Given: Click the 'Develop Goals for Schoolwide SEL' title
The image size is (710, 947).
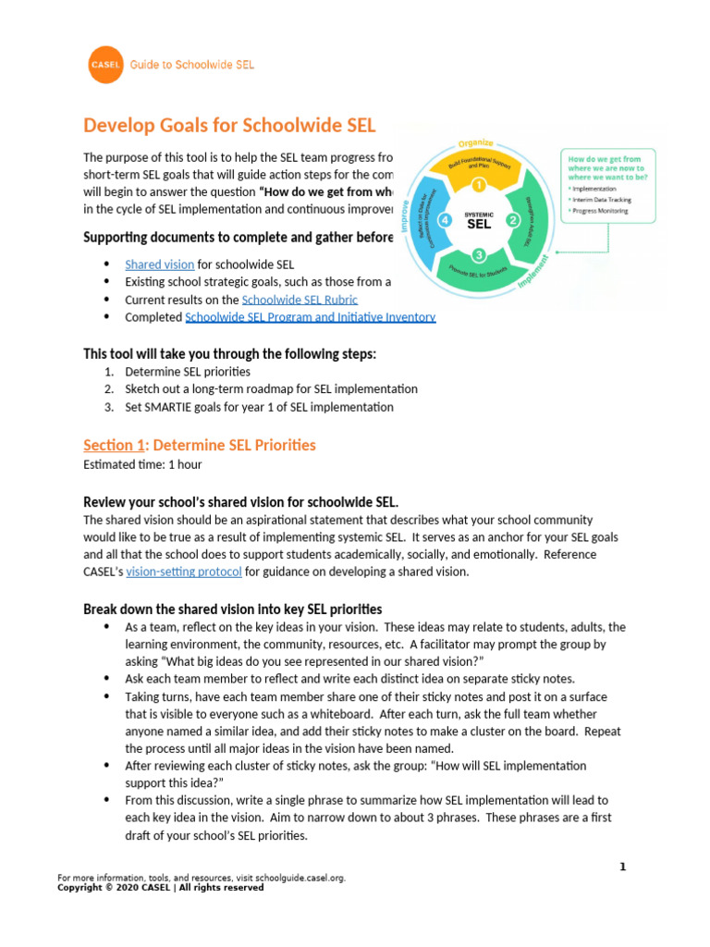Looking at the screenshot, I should coord(230,125).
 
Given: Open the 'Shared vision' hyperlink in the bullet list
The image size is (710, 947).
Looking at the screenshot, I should coord(159,264).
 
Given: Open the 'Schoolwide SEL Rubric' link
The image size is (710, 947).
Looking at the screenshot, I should coord(300,300).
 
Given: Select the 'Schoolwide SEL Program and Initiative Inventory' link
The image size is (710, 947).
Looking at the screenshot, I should coord(310,317).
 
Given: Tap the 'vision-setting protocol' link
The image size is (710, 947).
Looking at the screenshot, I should coord(184,572).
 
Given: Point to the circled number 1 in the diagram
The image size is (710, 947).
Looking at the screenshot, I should coord(479,185).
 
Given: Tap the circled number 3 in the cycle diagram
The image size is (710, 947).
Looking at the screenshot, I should coord(478,255).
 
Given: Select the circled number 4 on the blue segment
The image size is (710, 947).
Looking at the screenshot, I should coord(444,221).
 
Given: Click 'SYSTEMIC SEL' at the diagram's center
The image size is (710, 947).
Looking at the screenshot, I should coord(479,220).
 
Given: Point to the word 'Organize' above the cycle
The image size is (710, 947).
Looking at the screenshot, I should coord(476,143).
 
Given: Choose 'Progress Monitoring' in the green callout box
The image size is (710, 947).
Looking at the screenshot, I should coord(602,210).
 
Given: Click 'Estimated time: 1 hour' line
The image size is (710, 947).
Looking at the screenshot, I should coord(142,464).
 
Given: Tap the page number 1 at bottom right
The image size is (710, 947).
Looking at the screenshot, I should coord(622,867).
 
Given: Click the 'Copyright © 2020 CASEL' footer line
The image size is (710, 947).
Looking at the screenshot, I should coord(160,888).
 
